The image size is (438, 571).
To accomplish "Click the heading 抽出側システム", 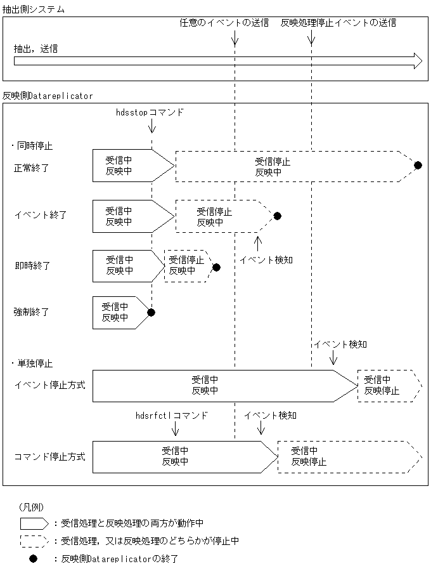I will pyautogui.click(x=34, y=10).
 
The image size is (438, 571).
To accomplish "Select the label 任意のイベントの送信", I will pyautogui.click(x=224, y=23).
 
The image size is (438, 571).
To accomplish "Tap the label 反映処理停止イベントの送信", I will pyautogui.click(x=338, y=23).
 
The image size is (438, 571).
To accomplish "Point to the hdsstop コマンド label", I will pyautogui.click(x=150, y=112).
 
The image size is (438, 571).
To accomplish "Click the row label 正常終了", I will pyautogui.click(x=32, y=168).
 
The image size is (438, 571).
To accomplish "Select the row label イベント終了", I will pyautogui.click(x=41, y=215).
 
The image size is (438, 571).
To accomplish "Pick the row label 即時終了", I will pyautogui.click(x=32, y=265).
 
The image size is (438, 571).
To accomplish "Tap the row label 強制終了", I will pyautogui.click(x=32, y=312).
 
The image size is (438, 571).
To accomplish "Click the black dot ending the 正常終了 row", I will pyautogui.click(x=418, y=166).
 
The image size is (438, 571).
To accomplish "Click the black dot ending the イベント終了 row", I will pyautogui.click(x=277, y=216).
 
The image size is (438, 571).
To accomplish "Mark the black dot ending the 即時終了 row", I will pyautogui.click(x=216, y=267).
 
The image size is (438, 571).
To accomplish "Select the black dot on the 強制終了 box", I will pyautogui.click(x=151, y=312).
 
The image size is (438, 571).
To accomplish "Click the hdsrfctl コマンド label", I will pyautogui.click(x=172, y=416).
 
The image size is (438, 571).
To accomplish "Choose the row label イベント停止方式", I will pyautogui.click(x=49, y=385).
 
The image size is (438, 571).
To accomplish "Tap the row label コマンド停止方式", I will pyautogui.click(x=49, y=456).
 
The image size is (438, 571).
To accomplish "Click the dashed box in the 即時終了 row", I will pyautogui.click(x=186, y=265).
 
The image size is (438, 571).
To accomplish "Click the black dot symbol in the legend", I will pyautogui.click(x=34, y=559).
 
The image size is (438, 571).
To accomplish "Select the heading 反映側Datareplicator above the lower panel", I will pyautogui.click(x=48, y=96).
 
